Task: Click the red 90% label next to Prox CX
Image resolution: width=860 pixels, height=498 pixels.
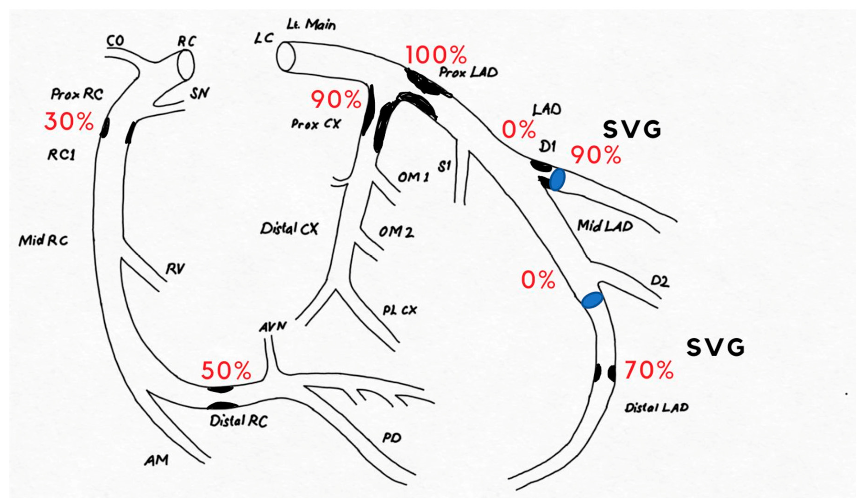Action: tap(336, 100)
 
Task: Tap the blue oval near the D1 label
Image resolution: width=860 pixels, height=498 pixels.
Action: tap(557, 179)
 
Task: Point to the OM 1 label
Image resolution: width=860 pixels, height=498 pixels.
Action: tap(413, 177)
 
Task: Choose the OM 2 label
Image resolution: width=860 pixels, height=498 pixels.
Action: tap(396, 232)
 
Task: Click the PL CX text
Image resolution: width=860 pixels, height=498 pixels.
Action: tap(400, 310)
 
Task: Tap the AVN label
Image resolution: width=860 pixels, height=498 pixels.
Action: tap(273, 327)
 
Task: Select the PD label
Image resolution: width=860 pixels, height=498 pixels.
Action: tap(391, 438)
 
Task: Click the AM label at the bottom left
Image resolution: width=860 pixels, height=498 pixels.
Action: tap(156, 461)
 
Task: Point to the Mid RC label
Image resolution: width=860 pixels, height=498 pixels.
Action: tap(43, 241)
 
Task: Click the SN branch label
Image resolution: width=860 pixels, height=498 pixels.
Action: tap(200, 93)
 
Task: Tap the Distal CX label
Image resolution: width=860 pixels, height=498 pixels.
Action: tap(289, 229)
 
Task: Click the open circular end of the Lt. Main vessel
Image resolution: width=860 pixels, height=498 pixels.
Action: tap(286, 56)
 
